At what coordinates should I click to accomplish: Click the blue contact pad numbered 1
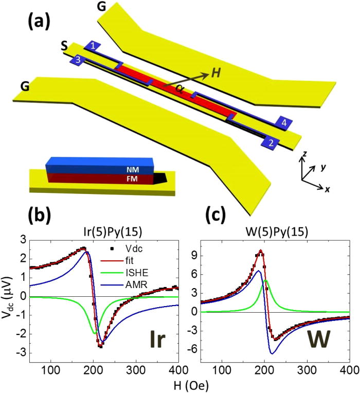coord(93,45)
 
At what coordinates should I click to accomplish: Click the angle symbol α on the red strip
coord(179,87)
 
